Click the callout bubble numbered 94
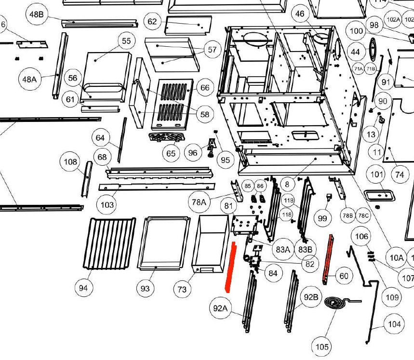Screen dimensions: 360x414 [84, 288]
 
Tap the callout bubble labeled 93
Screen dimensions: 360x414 [145, 288]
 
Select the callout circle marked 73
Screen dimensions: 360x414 [182, 289]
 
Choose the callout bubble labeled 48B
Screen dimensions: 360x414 [37, 15]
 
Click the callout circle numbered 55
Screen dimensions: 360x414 [126, 41]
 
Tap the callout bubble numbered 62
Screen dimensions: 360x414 [152, 22]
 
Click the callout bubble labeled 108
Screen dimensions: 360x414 [71, 161]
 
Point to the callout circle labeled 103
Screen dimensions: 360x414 [107, 205]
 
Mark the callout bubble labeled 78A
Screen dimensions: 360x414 [200, 202]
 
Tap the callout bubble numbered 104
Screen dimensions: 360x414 [394, 324]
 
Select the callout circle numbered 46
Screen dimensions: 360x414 [300, 14]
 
